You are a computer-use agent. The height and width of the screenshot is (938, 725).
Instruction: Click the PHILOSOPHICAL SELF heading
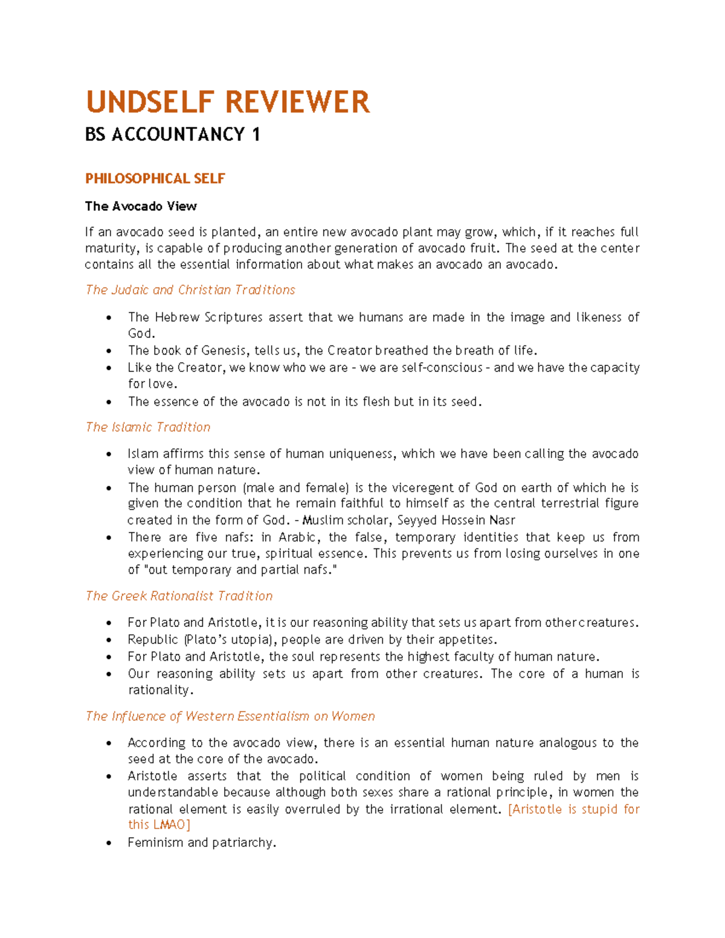pyautogui.click(x=155, y=179)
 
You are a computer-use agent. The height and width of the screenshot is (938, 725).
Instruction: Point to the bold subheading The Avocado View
pyautogui.click(x=141, y=207)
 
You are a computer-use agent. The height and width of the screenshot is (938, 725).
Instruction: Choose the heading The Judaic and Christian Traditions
pyautogui.click(x=190, y=290)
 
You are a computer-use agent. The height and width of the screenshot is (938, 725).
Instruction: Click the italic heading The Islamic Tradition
pyautogui.click(x=147, y=427)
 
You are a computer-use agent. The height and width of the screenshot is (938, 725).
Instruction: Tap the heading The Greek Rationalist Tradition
pyautogui.click(x=179, y=596)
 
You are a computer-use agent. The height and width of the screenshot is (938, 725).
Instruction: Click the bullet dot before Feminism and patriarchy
pyautogui.click(x=109, y=843)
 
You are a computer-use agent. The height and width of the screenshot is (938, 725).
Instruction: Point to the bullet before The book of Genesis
pyautogui.click(x=109, y=351)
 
